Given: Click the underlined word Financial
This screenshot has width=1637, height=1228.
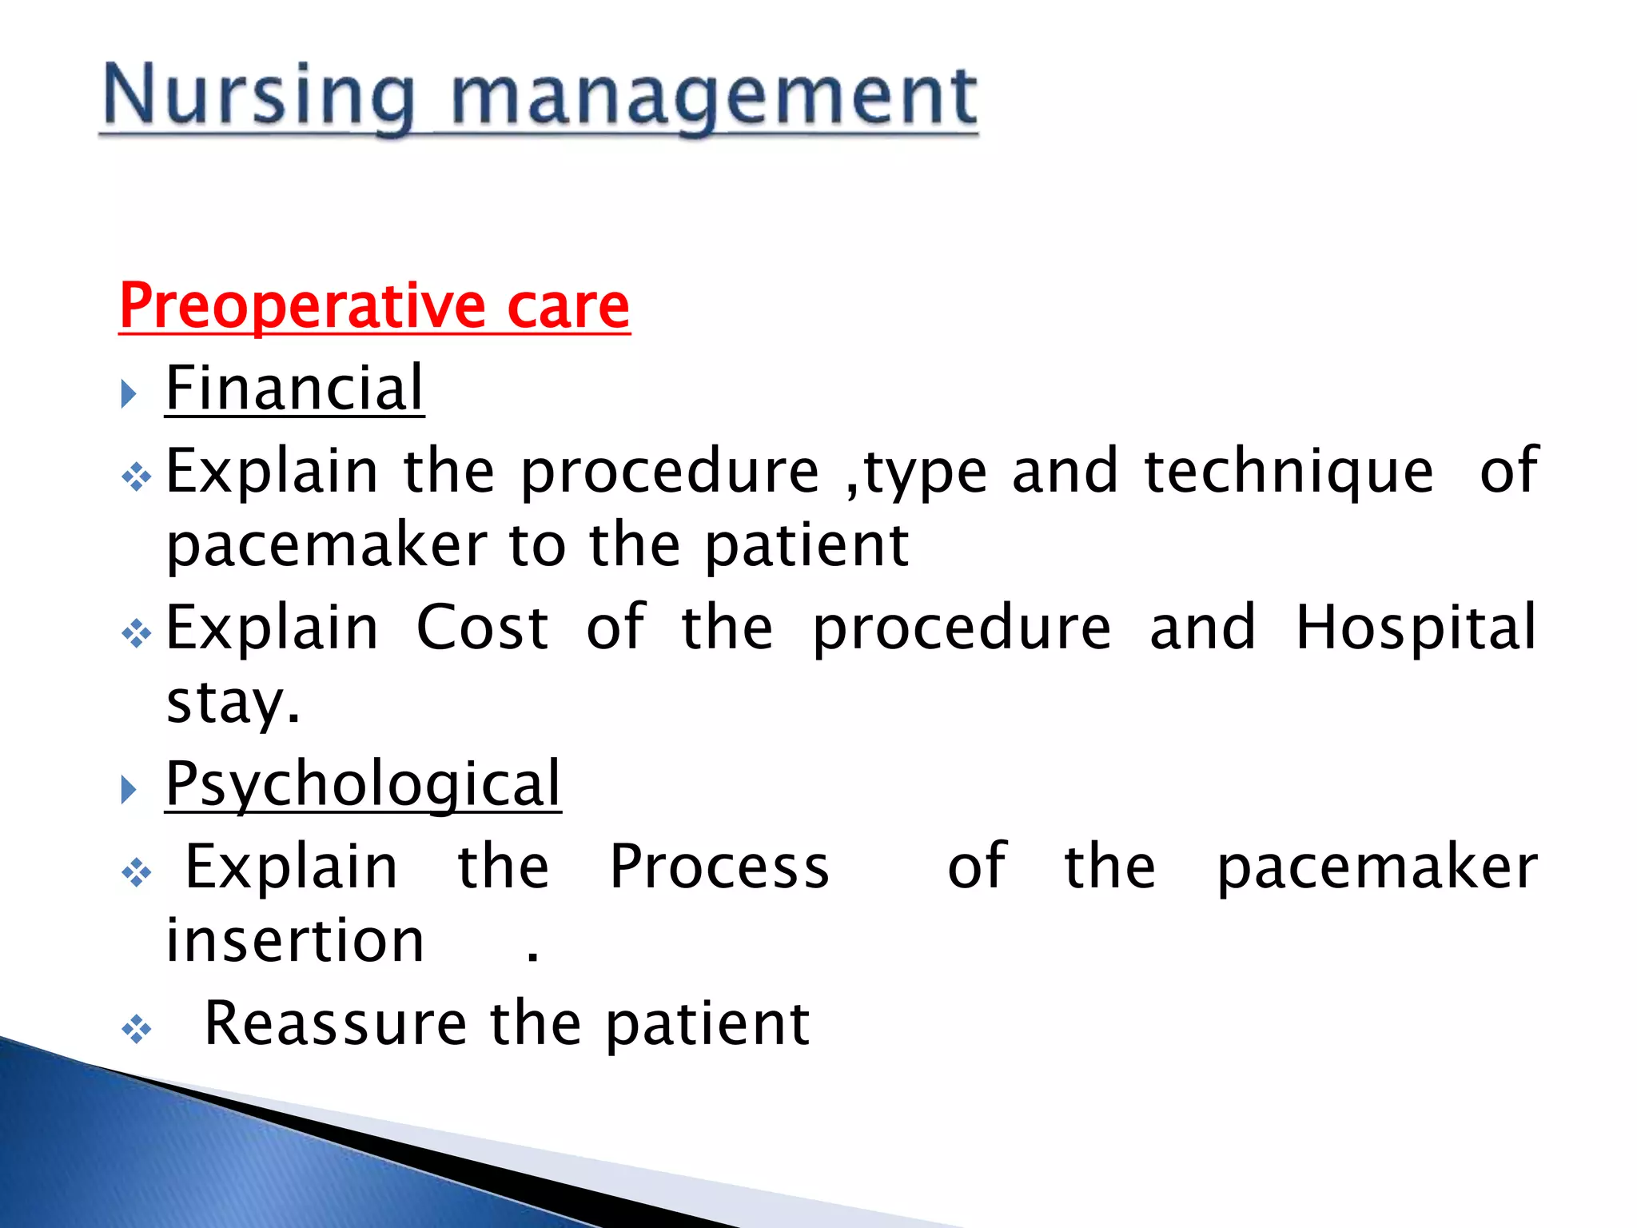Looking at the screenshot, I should (294, 389).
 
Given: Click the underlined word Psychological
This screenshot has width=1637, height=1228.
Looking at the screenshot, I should (363, 784).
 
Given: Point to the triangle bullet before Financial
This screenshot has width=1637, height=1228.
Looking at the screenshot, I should (129, 393).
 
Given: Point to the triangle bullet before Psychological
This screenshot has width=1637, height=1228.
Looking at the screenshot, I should (129, 790).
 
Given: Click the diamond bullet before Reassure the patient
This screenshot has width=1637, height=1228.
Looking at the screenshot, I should (137, 1029).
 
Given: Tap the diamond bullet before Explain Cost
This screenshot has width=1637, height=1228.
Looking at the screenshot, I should (137, 634).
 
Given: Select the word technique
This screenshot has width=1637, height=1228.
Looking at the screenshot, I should (1288, 472).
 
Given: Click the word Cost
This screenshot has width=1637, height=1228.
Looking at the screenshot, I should (482, 628).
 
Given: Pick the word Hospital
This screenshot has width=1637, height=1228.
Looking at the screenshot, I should (1416, 628).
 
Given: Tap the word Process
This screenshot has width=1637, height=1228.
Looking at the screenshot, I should (719, 867).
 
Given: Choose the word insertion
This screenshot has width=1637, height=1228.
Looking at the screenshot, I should (295, 941).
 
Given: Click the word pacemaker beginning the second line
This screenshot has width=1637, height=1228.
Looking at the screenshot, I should (326, 546).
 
